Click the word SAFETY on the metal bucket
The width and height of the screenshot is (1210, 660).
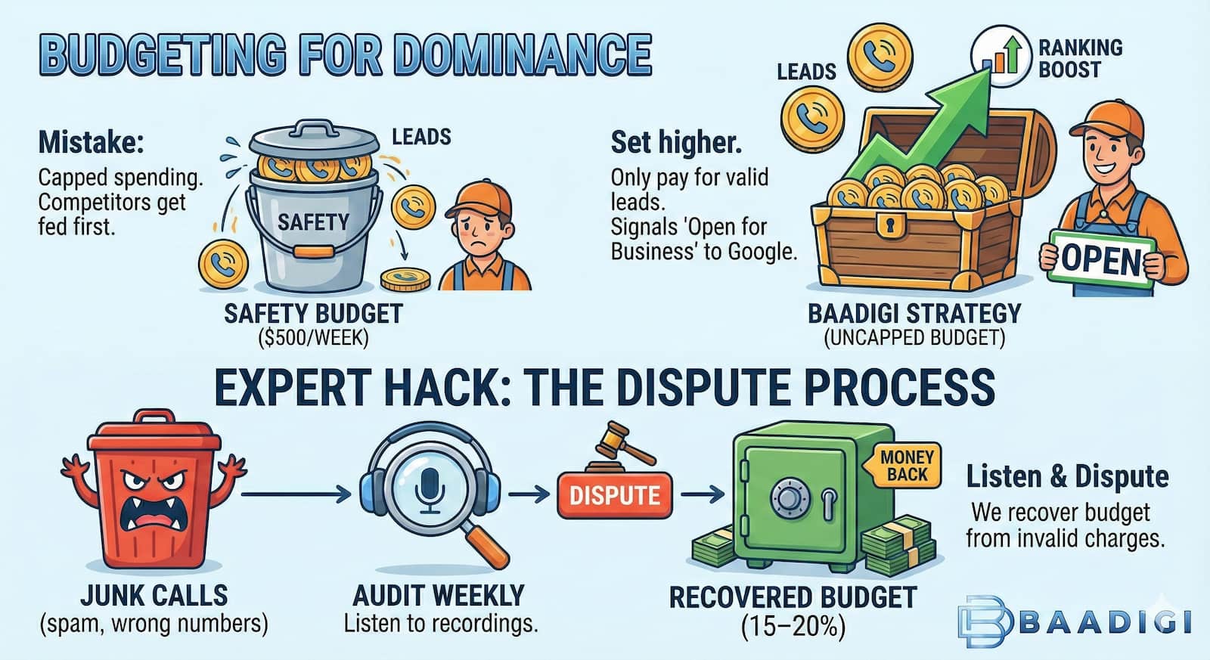(x=313, y=222)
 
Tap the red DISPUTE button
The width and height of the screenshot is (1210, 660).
(x=614, y=496)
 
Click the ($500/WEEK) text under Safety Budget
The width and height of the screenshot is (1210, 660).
(x=313, y=337)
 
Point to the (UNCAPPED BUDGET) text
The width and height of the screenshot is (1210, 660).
(x=914, y=337)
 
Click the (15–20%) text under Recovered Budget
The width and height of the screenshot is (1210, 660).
(x=793, y=627)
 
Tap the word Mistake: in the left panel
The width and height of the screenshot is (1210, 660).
(x=91, y=142)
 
